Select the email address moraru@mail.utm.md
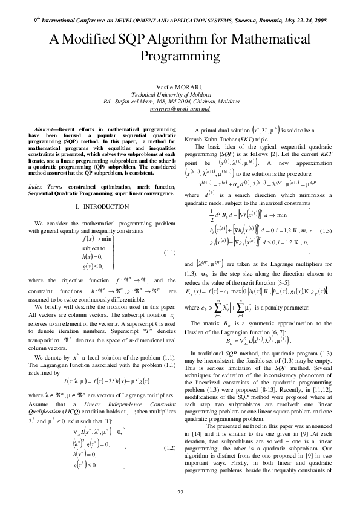[x=180, y=109]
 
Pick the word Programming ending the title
[x=180, y=58]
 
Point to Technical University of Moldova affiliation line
[x=180, y=95]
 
